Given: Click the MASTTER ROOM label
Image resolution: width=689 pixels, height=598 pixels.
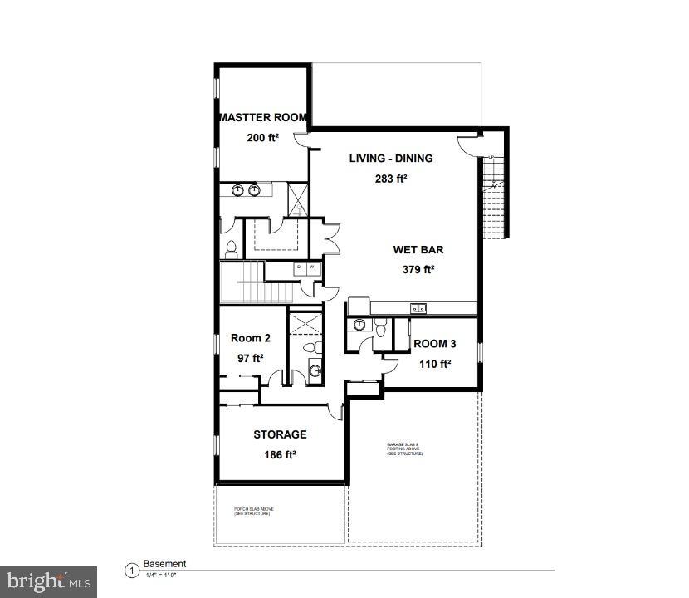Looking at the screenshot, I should pyautogui.click(x=263, y=118).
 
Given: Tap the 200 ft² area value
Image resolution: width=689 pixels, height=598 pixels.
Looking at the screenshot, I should pyautogui.click(x=262, y=138).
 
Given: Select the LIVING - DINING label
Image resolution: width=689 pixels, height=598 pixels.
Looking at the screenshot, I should pyautogui.click(x=390, y=159).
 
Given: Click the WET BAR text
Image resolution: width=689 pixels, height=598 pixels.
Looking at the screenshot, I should pyautogui.click(x=418, y=249).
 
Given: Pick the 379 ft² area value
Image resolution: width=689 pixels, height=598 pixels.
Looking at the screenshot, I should pyautogui.click(x=418, y=269).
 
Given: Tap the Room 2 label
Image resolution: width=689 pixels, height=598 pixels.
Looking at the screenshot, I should pyautogui.click(x=250, y=338).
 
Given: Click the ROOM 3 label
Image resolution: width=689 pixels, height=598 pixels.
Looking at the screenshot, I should pyautogui.click(x=434, y=344).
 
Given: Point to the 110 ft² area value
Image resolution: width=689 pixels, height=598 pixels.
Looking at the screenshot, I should pyautogui.click(x=433, y=364).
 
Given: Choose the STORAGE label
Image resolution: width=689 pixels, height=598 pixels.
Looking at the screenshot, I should pyautogui.click(x=280, y=434).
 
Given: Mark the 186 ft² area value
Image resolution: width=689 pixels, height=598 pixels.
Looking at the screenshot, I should pyautogui.click(x=279, y=454).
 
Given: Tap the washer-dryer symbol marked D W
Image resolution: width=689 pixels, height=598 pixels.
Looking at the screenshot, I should pyautogui.click(x=305, y=267).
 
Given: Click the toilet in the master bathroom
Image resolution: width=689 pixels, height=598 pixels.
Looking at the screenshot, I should pyautogui.click(x=231, y=247).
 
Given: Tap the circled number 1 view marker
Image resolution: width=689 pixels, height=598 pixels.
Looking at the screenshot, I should pyautogui.click(x=130, y=571).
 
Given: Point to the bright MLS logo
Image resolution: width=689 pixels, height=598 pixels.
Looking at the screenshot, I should pyautogui.click(x=48, y=581).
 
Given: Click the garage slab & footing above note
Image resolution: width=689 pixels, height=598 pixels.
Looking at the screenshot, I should pyautogui.click(x=405, y=449).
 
